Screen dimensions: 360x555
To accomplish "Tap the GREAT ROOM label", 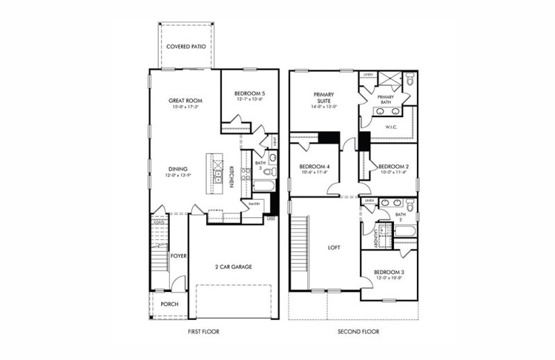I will point(185,101).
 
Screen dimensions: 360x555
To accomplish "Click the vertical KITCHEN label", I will point(228,173).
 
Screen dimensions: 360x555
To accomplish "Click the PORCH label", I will point(170,303).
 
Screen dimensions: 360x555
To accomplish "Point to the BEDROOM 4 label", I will point(315,166).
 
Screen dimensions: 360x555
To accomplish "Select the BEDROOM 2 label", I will point(392,166).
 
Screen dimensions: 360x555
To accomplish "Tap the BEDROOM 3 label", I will point(388,272).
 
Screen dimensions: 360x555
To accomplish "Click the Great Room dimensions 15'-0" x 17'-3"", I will point(185,108).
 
